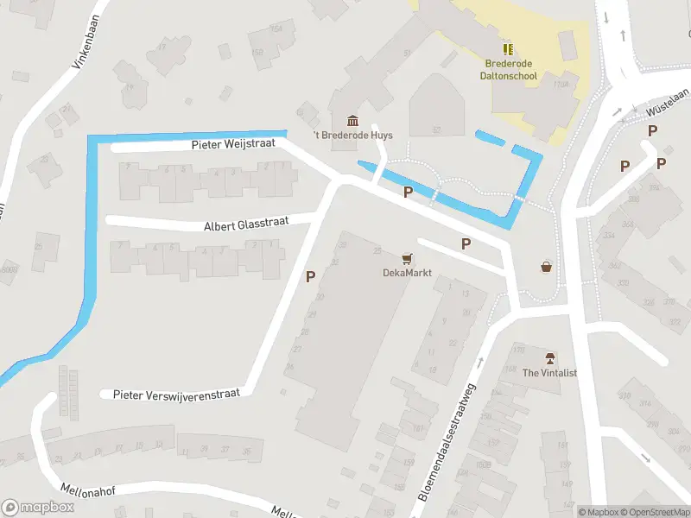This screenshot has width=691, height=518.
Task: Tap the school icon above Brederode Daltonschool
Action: [x=508, y=49]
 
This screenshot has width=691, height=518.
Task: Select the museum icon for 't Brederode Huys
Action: [x=352, y=120]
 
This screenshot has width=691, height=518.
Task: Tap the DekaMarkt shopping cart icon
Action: [x=407, y=257]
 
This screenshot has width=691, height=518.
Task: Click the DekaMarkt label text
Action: [x=407, y=272]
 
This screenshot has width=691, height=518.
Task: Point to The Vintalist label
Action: [x=549, y=372]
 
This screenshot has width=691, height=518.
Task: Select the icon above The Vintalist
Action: [x=549, y=357]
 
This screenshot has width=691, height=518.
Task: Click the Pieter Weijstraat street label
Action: [x=233, y=145]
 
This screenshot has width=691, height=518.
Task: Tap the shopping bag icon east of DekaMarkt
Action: [x=546, y=267]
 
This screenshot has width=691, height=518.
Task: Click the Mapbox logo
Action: [x=38, y=508]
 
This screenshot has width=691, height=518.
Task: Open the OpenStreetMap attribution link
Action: [x=653, y=512]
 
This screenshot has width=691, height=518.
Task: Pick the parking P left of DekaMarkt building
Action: [x=310, y=277]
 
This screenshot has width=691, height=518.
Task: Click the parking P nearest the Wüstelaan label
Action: [x=653, y=130]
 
